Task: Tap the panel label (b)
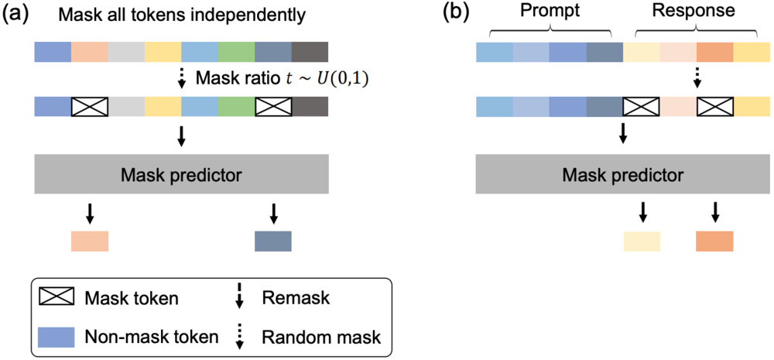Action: point(454,13)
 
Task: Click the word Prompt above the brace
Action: point(550,12)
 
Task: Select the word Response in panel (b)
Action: point(694,12)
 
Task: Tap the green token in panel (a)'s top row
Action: point(236,52)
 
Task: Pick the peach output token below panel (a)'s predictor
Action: point(90,241)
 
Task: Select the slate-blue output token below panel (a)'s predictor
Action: point(273,241)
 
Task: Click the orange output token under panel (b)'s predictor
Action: point(714,241)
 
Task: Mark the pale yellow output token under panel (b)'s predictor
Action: point(642,241)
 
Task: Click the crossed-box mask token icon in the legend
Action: point(55,297)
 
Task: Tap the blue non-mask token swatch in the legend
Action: point(55,336)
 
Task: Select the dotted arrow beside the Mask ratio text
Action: point(181,79)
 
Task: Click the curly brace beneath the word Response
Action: point(695,33)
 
